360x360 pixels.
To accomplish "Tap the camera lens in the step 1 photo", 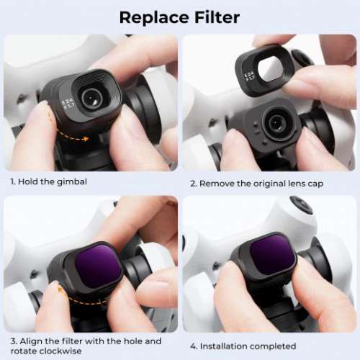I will pos(91,99).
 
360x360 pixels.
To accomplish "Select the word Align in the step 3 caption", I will pos(31,341).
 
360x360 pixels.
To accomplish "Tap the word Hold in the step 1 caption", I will pos(27,182).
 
